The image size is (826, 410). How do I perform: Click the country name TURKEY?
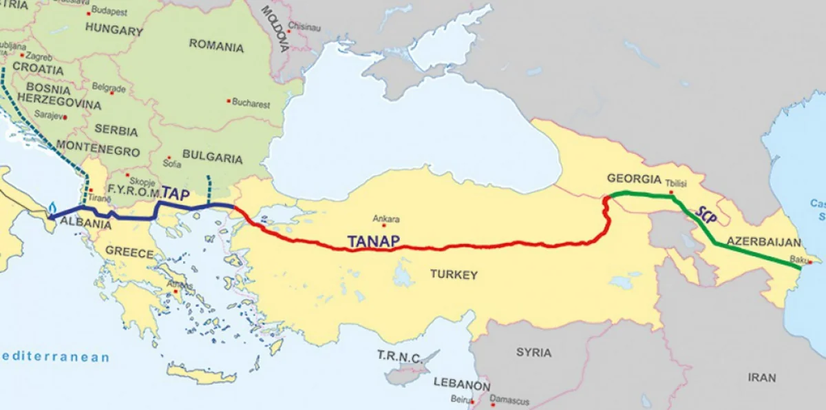(454, 274)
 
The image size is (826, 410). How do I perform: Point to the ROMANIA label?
(216, 48)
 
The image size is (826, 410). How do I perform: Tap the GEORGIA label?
(634, 178)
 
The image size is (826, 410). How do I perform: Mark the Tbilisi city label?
(679, 184)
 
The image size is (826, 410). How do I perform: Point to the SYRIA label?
(533, 352)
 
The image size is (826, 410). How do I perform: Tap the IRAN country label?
(762, 377)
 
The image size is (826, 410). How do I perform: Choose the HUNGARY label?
(114, 30)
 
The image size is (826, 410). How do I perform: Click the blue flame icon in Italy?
(53, 205)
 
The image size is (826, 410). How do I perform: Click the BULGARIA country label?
(213, 158)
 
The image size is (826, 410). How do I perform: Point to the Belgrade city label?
(108, 88)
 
